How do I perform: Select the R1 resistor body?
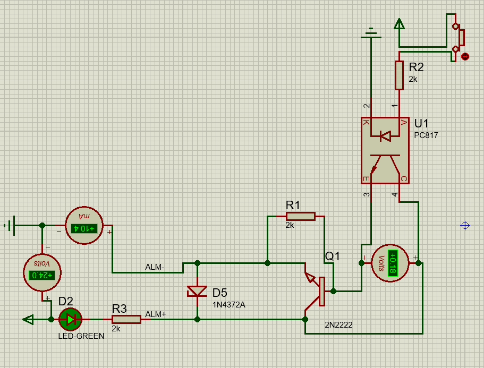point(300,216)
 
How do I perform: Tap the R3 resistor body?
point(126,319)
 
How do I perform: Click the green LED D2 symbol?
point(70,319)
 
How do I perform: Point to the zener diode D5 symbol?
point(198,292)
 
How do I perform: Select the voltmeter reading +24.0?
point(43,275)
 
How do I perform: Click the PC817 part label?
point(426,135)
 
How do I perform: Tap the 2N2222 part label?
point(339,324)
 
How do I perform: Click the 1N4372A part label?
point(228,304)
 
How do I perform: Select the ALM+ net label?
point(156,314)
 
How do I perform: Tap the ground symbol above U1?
point(371,34)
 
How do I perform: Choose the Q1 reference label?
point(333,256)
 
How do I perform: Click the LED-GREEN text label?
point(81,336)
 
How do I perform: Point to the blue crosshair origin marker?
point(465,226)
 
